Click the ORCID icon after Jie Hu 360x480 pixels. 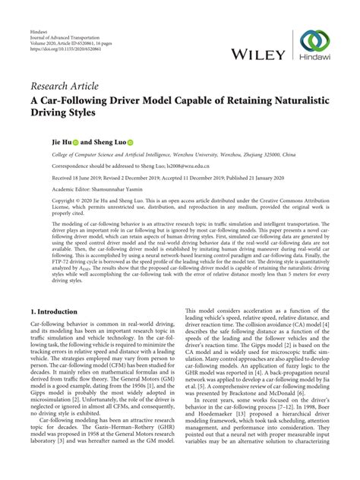pos(75,141)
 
